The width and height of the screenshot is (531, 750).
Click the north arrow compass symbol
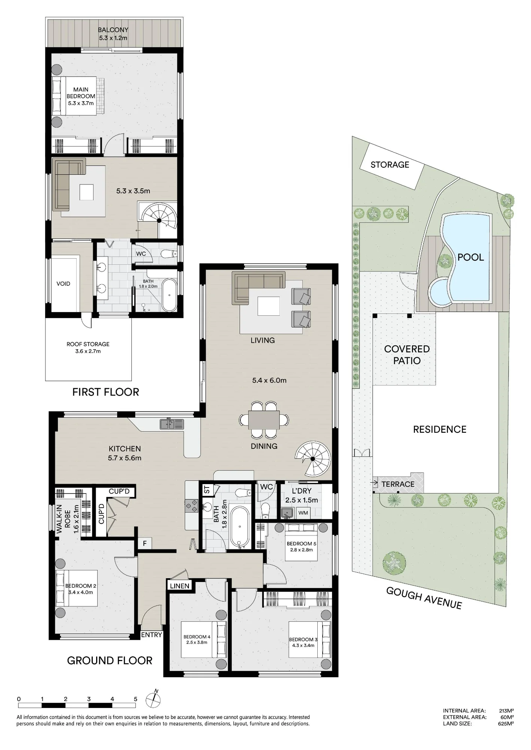tap(153, 697)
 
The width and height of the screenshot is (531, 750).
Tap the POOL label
tap(471, 257)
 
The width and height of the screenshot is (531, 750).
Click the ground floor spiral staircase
tap(313, 459)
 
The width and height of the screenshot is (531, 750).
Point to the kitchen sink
tap(172, 424)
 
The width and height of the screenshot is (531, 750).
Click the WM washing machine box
tap(303, 513)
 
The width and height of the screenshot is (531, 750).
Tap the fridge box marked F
tap(145, 542)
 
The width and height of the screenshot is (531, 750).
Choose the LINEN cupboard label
tap(180, 586)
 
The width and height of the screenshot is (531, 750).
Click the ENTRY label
tap(151, 635)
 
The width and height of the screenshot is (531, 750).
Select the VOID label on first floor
tap(63, 283)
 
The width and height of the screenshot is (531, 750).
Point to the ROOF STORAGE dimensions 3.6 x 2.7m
tap(88, 351)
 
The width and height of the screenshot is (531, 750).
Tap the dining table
tap(264, 420)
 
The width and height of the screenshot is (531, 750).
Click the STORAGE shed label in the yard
tap(390, 165)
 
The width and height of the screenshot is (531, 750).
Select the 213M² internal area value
tap(506, 710)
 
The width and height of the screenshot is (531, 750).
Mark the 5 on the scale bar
tap(136, 699)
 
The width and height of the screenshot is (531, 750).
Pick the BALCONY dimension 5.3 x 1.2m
tap(113, 38)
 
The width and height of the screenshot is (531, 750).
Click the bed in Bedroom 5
tap(301, 542)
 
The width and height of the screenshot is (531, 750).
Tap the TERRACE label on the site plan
tap(398, 484)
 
